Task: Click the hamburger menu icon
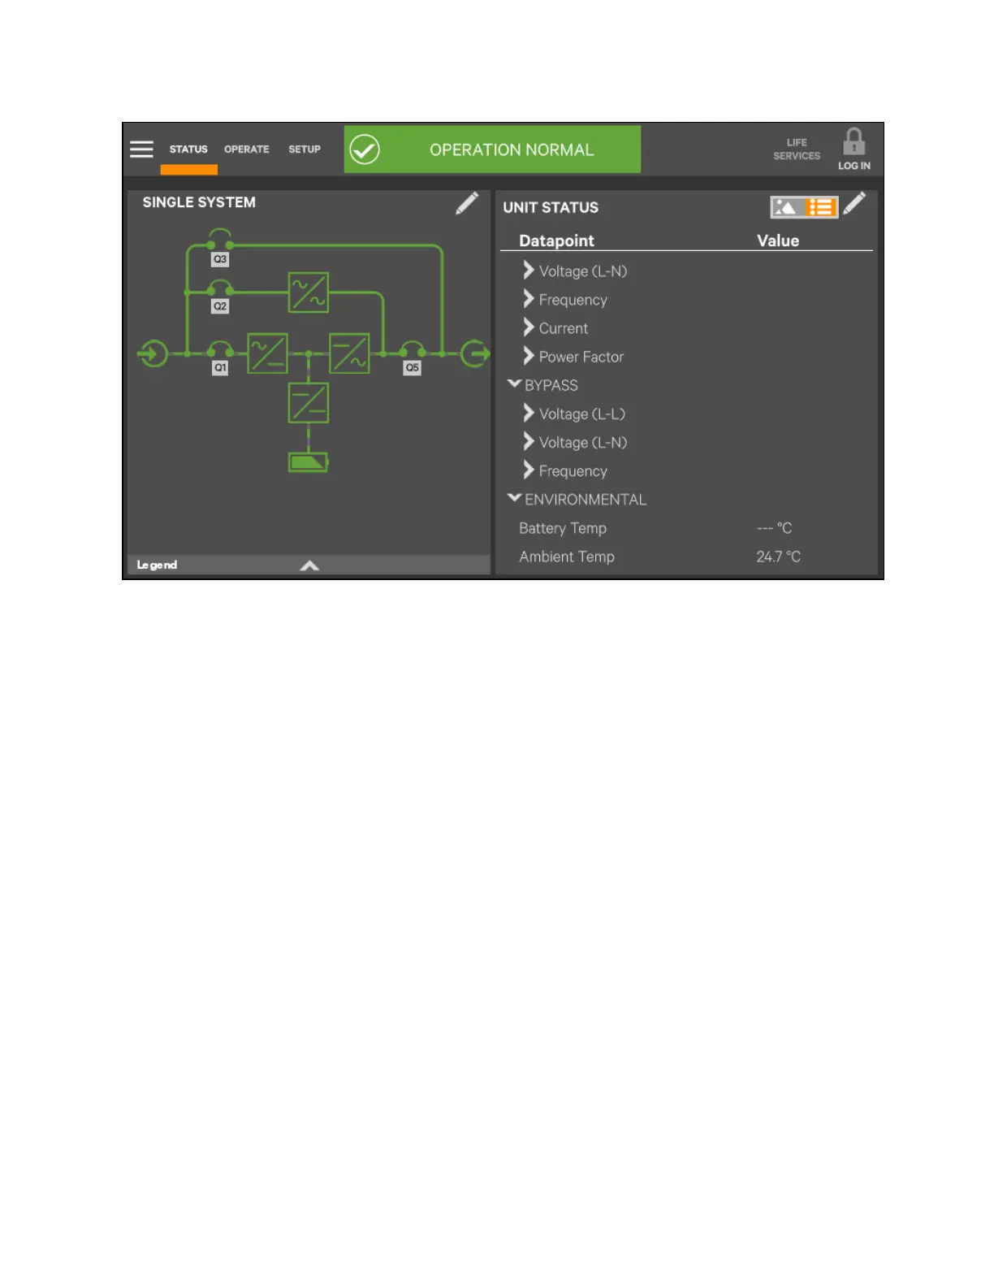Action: [141, 149]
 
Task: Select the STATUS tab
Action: [188, 149]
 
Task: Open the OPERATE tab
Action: [246, 149]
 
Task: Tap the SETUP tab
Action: [305, 149]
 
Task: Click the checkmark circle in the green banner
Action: [365, 149]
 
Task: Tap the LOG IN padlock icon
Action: [854, 143]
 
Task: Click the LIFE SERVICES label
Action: [797, 149]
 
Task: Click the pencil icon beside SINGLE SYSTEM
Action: [467, 203]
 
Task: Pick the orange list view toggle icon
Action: [821, 207]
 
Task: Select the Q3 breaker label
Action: [220, 259]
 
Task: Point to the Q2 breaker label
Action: [220, 306]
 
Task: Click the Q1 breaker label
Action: [220, 368]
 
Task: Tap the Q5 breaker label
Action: [413, 368]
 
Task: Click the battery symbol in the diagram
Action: [309, 462]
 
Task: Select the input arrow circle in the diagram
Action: [153, 353]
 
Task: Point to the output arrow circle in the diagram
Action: [475, 353]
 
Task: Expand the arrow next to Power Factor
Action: [529, 356]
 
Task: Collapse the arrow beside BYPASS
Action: [514, 383]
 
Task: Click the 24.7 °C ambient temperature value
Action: [778, 557]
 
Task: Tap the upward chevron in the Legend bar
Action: [309, 565]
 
